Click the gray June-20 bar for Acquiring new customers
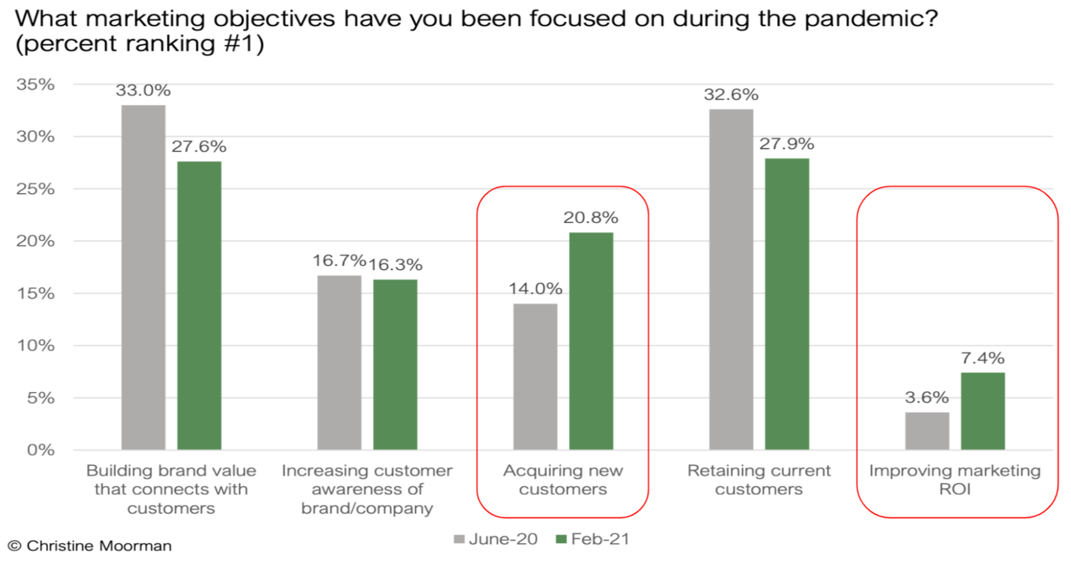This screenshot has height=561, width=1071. (535, 377)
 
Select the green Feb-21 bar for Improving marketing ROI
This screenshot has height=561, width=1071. (983, 411)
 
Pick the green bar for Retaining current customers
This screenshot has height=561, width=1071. (787, 304)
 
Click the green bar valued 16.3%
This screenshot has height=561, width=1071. (395, 364)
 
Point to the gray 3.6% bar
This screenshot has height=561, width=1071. (927, 431)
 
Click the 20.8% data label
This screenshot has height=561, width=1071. (590, 218)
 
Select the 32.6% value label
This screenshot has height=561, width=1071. (731, 95)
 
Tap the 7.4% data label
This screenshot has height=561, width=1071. (982, 358)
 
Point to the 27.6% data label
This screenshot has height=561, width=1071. (199, 146)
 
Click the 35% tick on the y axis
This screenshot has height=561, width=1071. (35, 85)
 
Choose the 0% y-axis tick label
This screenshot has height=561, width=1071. (41, 450)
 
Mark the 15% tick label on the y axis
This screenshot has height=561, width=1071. (35, 293)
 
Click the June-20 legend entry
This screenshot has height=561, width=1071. (496, 539)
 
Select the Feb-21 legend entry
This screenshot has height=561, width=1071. (593, 539)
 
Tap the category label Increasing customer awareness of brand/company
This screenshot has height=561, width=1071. (367, 489)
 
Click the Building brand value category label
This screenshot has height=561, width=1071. (171, 489)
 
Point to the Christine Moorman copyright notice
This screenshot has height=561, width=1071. (89, 546)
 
